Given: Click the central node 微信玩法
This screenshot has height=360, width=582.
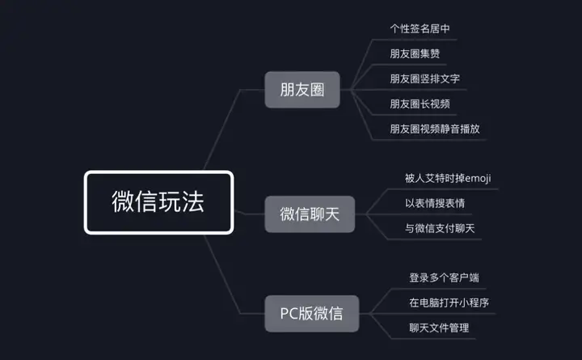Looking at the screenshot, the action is tap(158, 202).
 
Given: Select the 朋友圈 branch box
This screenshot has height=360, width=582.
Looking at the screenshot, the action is tap(302, 90).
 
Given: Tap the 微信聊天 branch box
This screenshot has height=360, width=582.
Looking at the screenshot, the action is tap(310, 214).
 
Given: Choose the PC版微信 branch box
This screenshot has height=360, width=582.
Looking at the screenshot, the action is tap(311, 313).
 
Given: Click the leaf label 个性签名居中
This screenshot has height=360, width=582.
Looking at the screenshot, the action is tap(420, 29).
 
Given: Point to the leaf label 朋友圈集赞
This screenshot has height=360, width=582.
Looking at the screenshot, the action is tap(415, 54).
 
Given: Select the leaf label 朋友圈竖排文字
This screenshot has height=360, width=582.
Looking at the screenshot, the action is tap(425, 78).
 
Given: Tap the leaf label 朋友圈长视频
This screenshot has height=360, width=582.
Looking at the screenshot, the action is tap(420, 104).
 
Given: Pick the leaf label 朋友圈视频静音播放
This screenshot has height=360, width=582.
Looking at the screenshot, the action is tap(436, 129).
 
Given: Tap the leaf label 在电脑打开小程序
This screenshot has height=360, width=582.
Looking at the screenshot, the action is tap(449, 303).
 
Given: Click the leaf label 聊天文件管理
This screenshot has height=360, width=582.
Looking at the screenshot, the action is tap(439, 328).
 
